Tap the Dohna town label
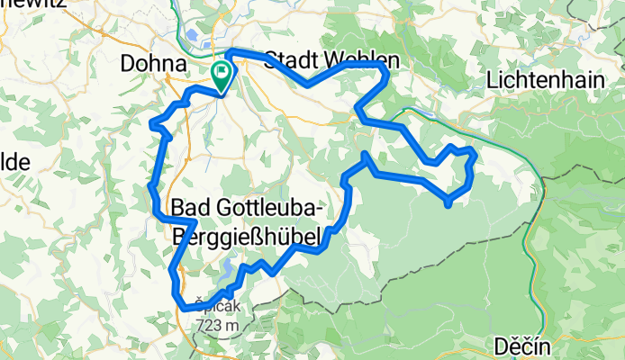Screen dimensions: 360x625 pos(153,65)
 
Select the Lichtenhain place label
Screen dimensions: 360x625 pos(544,80)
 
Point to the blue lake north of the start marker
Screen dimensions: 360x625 pos(196,38)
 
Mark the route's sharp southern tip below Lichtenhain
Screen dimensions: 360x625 pos(448,204)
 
